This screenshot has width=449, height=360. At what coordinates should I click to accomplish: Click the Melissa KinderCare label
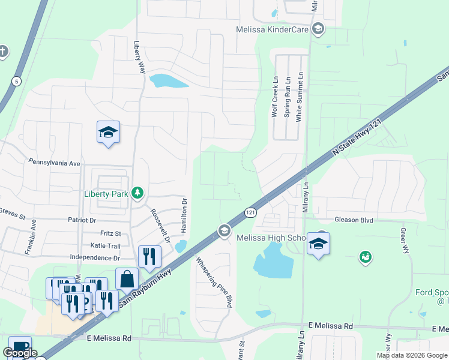point(274,29)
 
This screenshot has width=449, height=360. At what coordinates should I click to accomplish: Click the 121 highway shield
point(250,212)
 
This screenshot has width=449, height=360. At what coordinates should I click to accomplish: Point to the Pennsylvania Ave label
point(54,163)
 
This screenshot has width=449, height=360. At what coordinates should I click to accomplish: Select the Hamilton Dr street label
point(185,219)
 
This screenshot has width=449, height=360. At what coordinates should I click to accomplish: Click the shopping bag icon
point(127,279)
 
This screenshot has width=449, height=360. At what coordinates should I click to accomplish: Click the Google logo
point(20,353)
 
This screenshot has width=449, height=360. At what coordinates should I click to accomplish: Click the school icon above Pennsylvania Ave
point(109,132)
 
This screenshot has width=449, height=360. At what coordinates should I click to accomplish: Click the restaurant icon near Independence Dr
point(149,256)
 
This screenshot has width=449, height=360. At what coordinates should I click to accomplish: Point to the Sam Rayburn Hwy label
point(146,288)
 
